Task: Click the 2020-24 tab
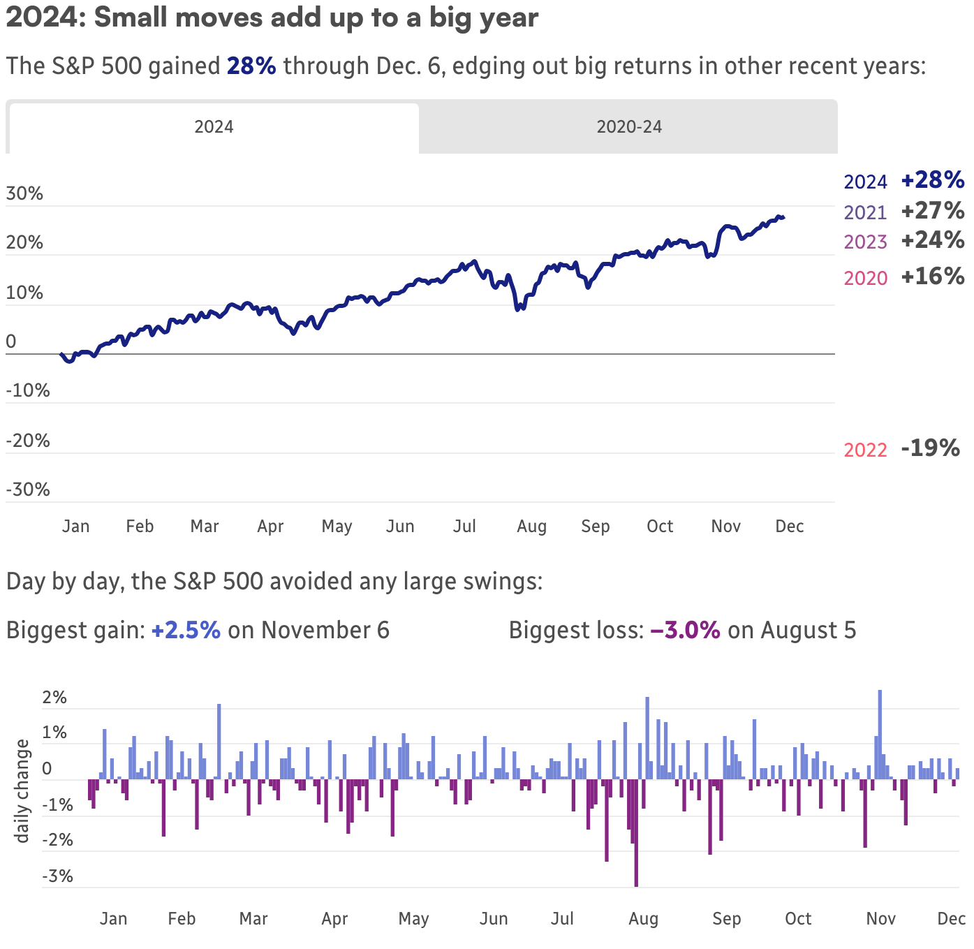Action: pyautogui.click(x=628, y=127)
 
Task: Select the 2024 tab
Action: pyautogui.click(x=214, y=127)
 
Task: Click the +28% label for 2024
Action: pyautogui.click(x=932, y=180)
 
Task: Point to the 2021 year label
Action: pyautogui.click(x=865, y=212)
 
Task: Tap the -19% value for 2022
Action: pyautogui.click(x=930, y=448)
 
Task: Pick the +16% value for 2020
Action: pyautogui.click(x=932, y=277)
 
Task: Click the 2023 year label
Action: pyautogui.click(x=865, y=242)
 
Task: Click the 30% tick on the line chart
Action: pyautogui.click(x=24, y=193)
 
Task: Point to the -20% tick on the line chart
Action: pyautogui.click(x=28, y=441)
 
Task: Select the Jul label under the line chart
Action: pyautogui.click(x=464, y=527)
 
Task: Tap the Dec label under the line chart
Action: pyautogui.click(x=790, y=527)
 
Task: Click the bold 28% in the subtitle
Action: pyautogui.click(x=251, y=66)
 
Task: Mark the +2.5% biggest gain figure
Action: pyautogui.click(x=186, y=631)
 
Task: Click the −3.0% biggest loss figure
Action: pyautogui.click(x=685, y=631)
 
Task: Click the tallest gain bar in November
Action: pyautogui.click(x=880, y=733)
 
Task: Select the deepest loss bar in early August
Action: pyautogui.click(x=636, y=834)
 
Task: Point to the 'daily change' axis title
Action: pyautogui.click(x=22, y=791)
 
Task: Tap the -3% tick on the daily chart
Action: pyautogui.click(x=57, y=876)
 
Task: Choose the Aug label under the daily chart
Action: pyautogui.click(x=643, y=919)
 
